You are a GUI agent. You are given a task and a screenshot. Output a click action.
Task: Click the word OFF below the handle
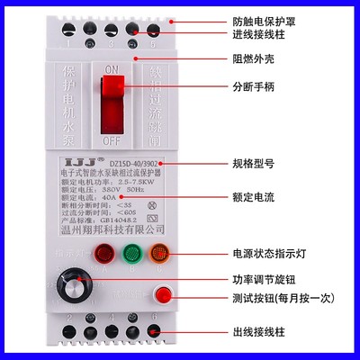tap(113, 142)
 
